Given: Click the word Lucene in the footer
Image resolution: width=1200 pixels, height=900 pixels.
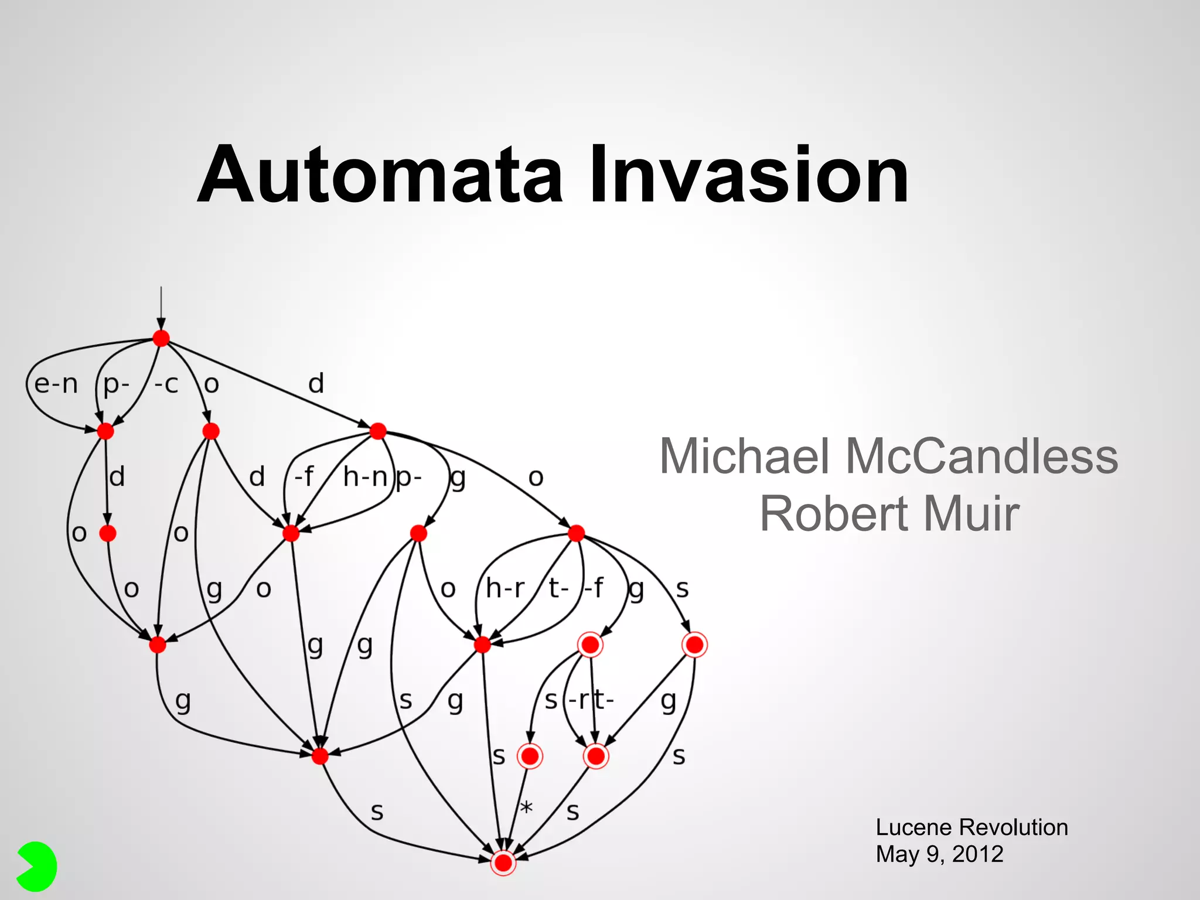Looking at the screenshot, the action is click(912, 827).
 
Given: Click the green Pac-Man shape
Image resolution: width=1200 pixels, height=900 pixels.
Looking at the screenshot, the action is click(36, 867).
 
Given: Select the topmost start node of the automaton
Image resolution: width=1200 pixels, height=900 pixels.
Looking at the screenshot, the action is click(161, 338).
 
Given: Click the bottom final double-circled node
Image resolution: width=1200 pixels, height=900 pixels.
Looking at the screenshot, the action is click(503, 862).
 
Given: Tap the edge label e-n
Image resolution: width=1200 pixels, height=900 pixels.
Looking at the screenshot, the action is click(56, 384).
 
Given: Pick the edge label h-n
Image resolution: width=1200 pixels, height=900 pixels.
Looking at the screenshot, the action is click(364, 477).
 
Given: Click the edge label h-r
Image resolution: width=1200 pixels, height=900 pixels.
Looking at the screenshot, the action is click(504, 588).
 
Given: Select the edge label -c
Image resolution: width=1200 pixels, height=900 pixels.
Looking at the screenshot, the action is click(166, 384).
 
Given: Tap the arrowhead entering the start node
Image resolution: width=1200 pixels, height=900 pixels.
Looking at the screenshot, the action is click(161, 324).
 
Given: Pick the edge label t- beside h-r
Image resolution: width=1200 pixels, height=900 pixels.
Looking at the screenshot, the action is click(558, 588).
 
